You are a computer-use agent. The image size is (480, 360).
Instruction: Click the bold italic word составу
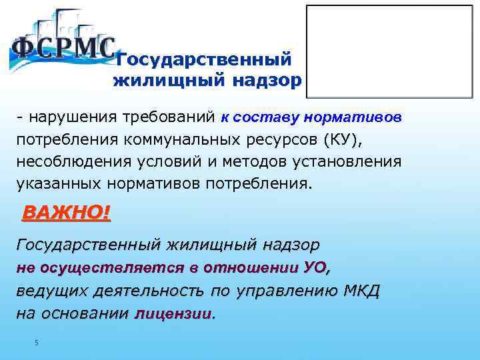266,118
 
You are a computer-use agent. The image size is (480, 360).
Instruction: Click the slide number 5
37,343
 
